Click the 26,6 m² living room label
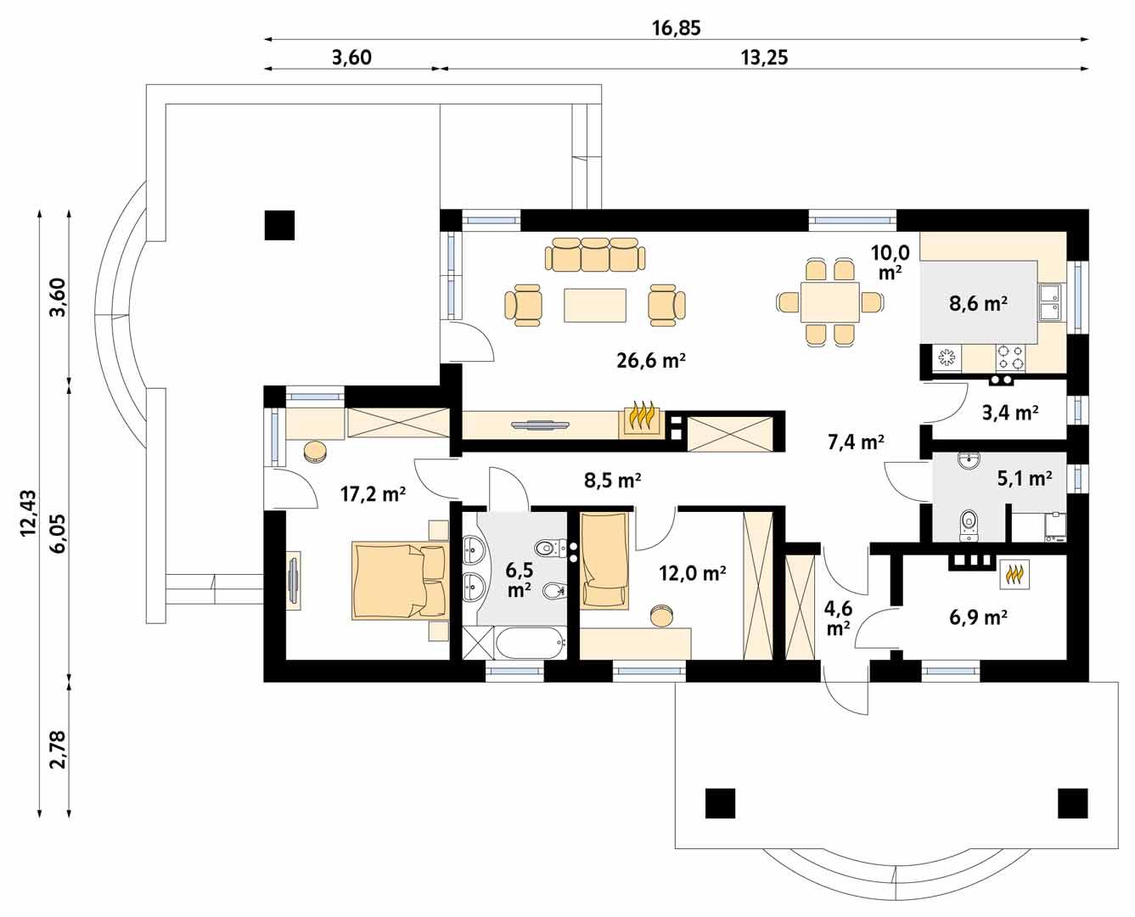[651, 360]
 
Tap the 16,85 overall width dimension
[676, 28]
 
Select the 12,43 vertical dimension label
[28, 513]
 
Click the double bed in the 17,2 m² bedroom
[398, 582]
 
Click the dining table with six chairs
[829, 302]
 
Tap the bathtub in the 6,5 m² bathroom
[531, 644]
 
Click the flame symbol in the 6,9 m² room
[1014, 576]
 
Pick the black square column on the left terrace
[279, 225]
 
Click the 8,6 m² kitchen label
[977, 302]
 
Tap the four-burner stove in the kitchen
[1009, 355]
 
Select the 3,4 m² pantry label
[1010, 413]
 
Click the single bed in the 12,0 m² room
[604, 561]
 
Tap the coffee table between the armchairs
[595, 305]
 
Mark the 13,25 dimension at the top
[764, 58]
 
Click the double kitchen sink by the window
[1049, 302]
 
